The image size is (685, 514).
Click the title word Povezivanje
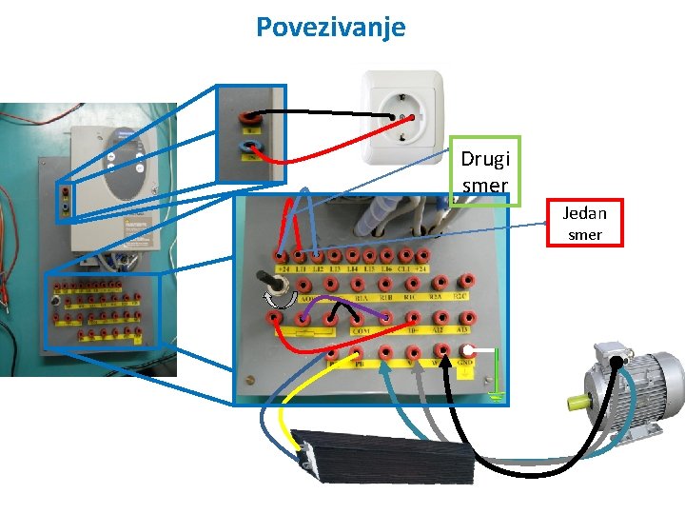pyautogui.click(x=330, y=26)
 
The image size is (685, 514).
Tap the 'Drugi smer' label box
pyautogui.click(x=485, y=170)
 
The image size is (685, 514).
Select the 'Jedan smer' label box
pyautogui.click(x=584, y=223)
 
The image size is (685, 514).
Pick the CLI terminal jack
pyautogui.click(x=405, y=255)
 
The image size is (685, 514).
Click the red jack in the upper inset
pyautogui.click(x=250, y=116)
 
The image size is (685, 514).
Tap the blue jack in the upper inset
pyautogui.click(x=250, y=147)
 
